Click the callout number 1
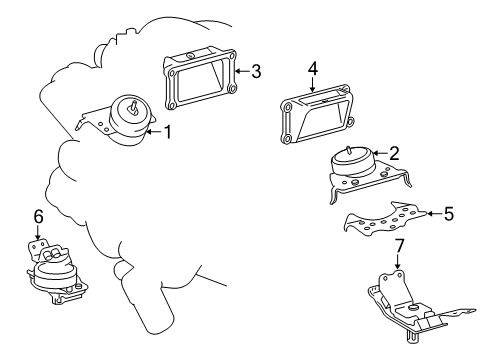(x=168, y=130)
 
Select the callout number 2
(x=394, y=153)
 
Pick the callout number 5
(x=449, y=212)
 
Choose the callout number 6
(x=38, y=217)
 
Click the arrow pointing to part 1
(x=154, y=130)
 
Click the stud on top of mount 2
(x=347, y=151)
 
